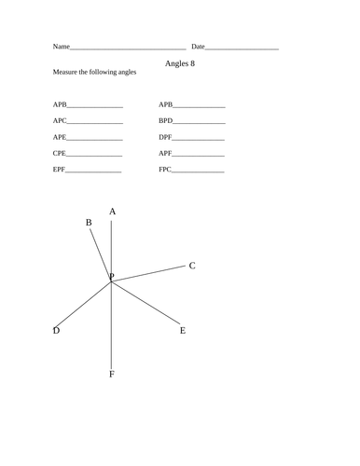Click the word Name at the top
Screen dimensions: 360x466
pyautogui.click(x=61, y=47)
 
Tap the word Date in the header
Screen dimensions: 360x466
pyautogui.click(x=198, y=47)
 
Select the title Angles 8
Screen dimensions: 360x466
pyautogui.click(x=180, y=63)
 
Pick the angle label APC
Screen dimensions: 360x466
pyautogui.click(x=61, y=121)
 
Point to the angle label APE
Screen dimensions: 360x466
pyautogui.click(x=61, y=137)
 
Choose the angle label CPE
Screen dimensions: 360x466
pyautogui.click(x=60, y=153)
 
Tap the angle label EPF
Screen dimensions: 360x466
pyautogui.click(x=60, y=170)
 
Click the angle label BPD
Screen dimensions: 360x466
pyautogui.click(x=166, y=121)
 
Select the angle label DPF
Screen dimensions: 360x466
pyautogui.click(x=166, y=137)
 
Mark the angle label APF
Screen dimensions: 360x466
pyautogui.click(x=166, y=153)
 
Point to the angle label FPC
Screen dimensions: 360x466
pyautogui.click(x=165, y=170)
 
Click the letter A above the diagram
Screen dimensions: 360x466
pyautogui.click(x=113, y=212)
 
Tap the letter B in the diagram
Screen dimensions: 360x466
pyautogui.click(x=89, y=223)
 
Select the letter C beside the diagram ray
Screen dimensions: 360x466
pyautogui.click(x=192, y=266)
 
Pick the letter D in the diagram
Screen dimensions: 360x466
pyautogui.click(x=56, y=331)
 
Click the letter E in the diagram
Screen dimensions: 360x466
pyautogui.click(x=183, y=331)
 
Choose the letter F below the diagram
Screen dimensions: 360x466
pyautogui.click(x=112, y=375)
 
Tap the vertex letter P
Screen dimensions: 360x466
pyautogui.click(x=112, y=277)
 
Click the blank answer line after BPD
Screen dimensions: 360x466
pyautogui.click(x=200, y=123)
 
